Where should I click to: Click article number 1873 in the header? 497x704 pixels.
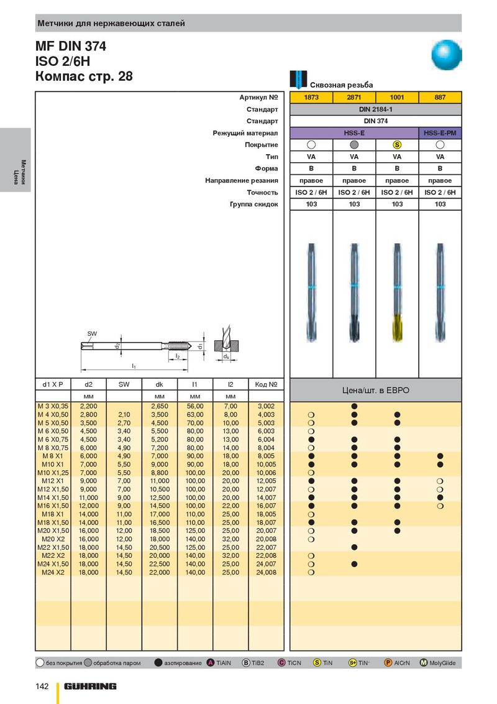tap(311, 98)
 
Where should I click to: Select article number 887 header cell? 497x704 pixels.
tap(440, 98)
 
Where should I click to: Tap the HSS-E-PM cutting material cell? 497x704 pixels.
tap(440, 132)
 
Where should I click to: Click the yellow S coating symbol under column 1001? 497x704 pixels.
tap(397, 144)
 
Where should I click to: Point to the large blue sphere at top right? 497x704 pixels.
tap(447, 55)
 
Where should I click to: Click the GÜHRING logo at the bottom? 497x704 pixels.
tap(90, 686)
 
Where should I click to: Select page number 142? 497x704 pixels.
tap(41, 686)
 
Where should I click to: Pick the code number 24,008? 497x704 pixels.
tap(266, 572)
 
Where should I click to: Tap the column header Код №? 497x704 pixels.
tap(266, 384)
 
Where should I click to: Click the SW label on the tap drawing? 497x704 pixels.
tap(92, 334)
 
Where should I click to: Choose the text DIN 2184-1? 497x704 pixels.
tap(376, 109)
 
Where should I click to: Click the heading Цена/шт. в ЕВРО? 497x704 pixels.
tap(375, 391)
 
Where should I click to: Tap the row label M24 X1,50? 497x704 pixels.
tap(52, 564)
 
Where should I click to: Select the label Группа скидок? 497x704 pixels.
tap(254, 204)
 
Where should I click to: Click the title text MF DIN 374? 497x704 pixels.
tap(71, 47)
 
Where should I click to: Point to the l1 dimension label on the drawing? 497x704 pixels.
tap(134, 366)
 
